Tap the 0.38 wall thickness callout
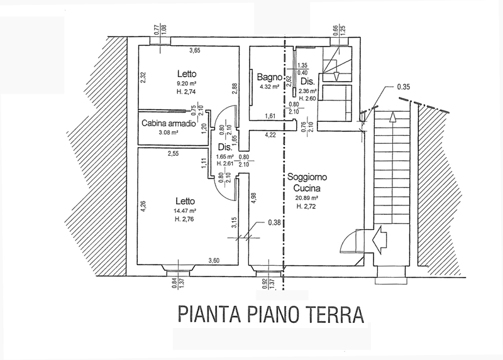click(x=274, y=222)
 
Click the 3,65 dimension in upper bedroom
click(x=196, y=50)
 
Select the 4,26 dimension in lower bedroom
click(x=143, y=207)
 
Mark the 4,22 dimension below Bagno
click(x=270, y=134)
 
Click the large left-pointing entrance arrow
click(x=383, y=239)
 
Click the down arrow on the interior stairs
click(x=336, y=75)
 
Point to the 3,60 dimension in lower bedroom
click(x=215, y=261)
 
